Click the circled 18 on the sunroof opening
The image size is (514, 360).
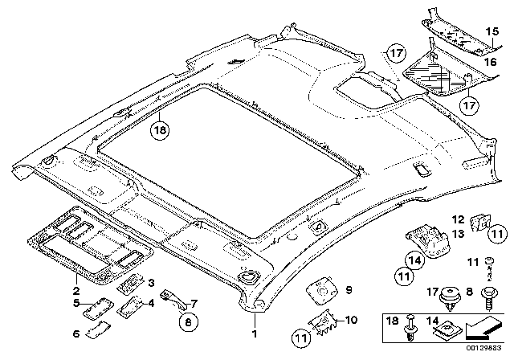tap(161, 128)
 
